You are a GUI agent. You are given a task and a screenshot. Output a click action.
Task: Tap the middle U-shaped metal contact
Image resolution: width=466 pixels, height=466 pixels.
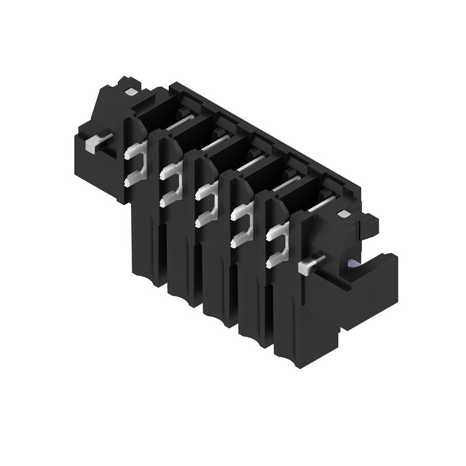tap(205, 204)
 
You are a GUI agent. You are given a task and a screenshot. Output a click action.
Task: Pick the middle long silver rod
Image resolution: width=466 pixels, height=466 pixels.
tap(250, 164)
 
